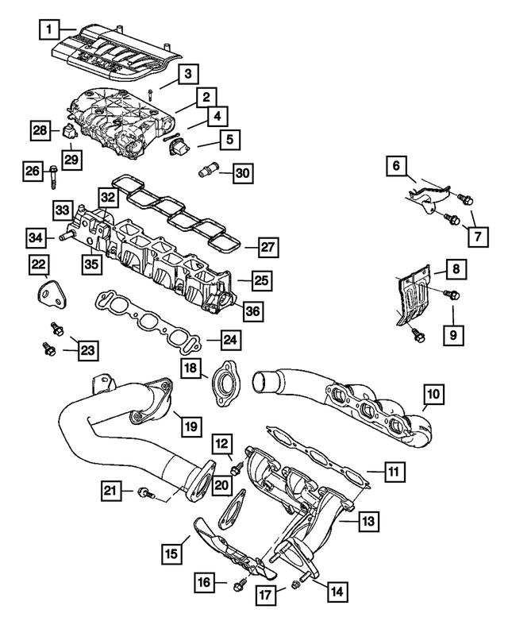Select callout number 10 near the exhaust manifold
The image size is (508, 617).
point(433,392)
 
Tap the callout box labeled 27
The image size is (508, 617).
point(268,247)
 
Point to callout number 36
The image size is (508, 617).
point(252,312)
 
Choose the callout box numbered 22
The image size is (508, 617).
point(39,263)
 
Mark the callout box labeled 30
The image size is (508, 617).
point(242,172)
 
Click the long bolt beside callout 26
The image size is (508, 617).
point(52,176)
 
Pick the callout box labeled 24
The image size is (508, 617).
point(229,341)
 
